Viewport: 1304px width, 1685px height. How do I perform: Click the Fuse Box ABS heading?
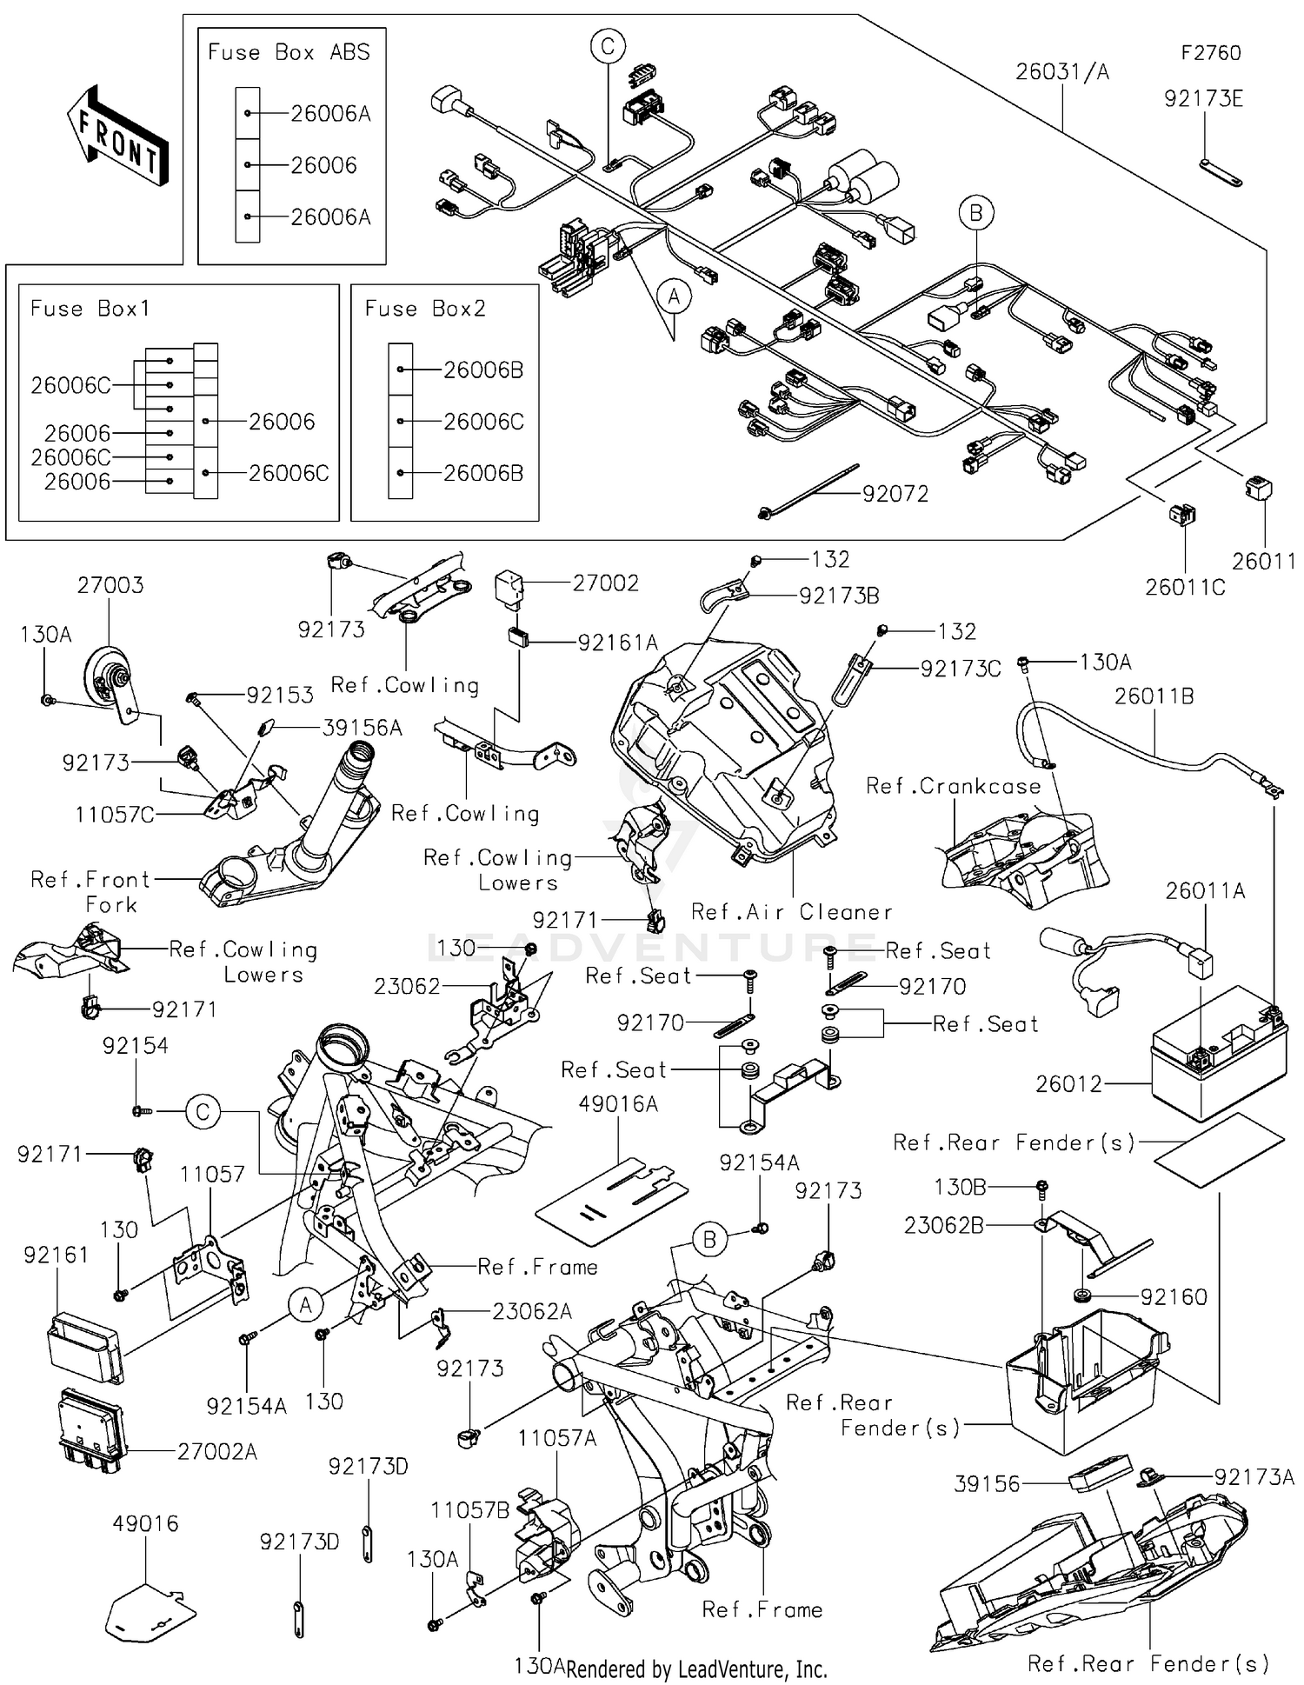coord(289,52)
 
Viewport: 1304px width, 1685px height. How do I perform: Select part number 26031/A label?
coord(1062,71)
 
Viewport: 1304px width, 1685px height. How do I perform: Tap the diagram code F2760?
coord(1210,53)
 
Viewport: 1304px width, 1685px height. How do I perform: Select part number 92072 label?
coord(895,494)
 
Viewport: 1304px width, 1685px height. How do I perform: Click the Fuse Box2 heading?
coord(425,309)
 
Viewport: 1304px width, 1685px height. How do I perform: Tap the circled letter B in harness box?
coord(976,213)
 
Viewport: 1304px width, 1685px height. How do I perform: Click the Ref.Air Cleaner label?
coord(791,912)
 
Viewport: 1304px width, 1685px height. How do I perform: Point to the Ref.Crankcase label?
coord(953,786)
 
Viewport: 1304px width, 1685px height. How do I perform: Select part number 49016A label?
coord(618,1104)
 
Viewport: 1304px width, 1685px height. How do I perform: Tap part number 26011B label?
coord(1154,696)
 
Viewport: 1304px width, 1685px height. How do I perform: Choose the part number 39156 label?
coord(987,1483)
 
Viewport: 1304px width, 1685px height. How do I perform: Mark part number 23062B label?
coord(943,1226)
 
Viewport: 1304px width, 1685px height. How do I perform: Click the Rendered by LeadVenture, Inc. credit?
coord(696,1668)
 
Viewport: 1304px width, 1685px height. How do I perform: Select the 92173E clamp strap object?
coord(1221,172)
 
